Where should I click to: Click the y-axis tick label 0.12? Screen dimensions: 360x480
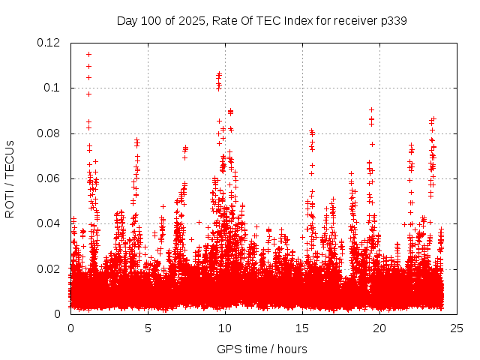(49, 43)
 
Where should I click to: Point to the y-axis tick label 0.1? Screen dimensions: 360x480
(52, 88)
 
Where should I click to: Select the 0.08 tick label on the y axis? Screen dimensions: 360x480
(49, 133)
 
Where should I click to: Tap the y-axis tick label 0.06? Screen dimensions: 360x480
(49, 178)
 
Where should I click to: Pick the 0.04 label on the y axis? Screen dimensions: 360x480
(49, 223)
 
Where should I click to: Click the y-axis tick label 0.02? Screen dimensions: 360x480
(49, 268)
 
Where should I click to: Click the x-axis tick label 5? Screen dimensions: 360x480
(148, 328)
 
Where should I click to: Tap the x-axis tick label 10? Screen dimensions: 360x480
(225, 328)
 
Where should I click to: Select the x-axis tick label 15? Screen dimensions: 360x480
(302, 328)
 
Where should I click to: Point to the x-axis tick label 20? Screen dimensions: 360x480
(379, 328)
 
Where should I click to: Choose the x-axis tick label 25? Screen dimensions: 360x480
(457, 328)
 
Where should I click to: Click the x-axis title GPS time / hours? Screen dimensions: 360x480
(262, 349)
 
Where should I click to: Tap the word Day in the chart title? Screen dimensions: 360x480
(127, 21)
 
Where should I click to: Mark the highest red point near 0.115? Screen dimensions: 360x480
(88, 54)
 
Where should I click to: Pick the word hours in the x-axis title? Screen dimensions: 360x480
(292, 349)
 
